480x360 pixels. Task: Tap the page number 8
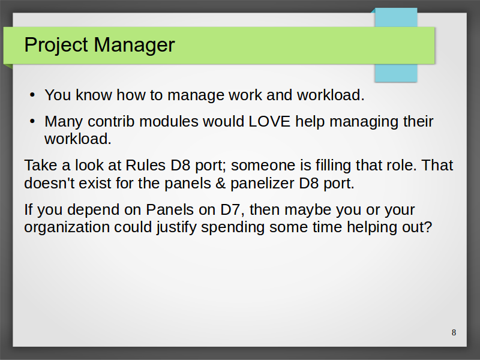pyautogui.click(x=454, y=332)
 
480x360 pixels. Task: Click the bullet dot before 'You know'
pyautogui.click(x=32, y=95)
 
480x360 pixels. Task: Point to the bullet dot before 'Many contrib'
pyautogui.click(x=32, y=121)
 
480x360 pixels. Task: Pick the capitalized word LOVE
pyautogui.click(x=269, y=122)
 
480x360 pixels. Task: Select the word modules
pyautogui.click(x=169, y=122)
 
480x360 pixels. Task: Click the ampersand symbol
pyautogui.click(x=220, y=184)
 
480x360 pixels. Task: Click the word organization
pyautogui.click(x=67, y=228)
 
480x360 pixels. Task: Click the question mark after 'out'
pyautogui.click(x=428, y=227)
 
